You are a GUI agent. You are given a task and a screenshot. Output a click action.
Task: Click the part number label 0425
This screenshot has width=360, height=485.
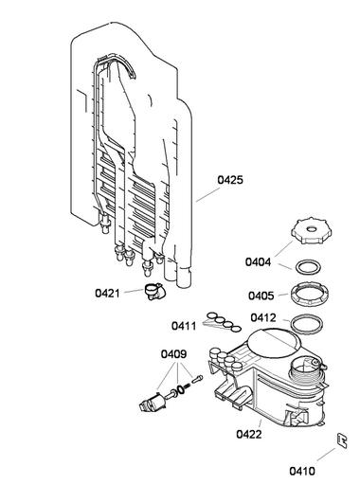(x=230, y=180)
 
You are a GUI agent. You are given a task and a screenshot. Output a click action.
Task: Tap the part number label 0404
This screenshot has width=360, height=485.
(x=258, y=262)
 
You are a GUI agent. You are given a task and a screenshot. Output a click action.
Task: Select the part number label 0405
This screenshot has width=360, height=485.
(x=261, y=296)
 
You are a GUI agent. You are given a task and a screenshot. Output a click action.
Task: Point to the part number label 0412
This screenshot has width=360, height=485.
(x=263, y=317)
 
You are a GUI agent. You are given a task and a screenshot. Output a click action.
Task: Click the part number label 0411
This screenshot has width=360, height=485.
(x=184, y=326)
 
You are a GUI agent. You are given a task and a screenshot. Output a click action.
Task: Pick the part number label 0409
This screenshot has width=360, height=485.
(x=173, y=354)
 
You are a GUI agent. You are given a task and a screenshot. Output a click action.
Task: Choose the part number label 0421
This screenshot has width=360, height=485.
(x=108, y=294)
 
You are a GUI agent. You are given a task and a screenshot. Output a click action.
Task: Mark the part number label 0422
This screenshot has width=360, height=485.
(x=249, y=434)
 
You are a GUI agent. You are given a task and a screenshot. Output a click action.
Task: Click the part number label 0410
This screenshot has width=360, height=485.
(x=302, y=471)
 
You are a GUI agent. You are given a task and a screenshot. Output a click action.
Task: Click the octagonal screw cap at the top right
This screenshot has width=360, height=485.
(x=312, y=231)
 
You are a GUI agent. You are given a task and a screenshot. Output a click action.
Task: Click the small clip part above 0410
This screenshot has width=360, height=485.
(x=341, y=440)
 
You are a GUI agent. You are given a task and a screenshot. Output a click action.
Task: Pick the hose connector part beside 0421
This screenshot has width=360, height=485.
(x=155, y=292)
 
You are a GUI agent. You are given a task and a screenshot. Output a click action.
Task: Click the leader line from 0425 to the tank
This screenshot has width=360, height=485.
(x=207, y=194)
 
